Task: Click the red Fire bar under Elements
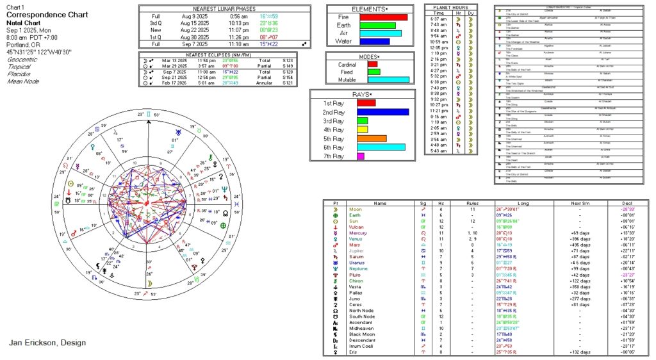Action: click(x=383, y=17)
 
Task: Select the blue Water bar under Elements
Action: click(x=375, y=42)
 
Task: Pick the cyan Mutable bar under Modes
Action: click(x=389, y=80)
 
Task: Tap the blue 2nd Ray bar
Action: click(x=383, y=112)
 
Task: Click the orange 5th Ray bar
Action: click(x=372, y=138)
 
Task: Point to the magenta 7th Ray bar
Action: click(x=361, y=156)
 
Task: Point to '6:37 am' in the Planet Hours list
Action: click(x=438, y=19)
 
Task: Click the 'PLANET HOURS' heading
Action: click(x=450, y=7)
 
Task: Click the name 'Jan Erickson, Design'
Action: click(x=47, y=343)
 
